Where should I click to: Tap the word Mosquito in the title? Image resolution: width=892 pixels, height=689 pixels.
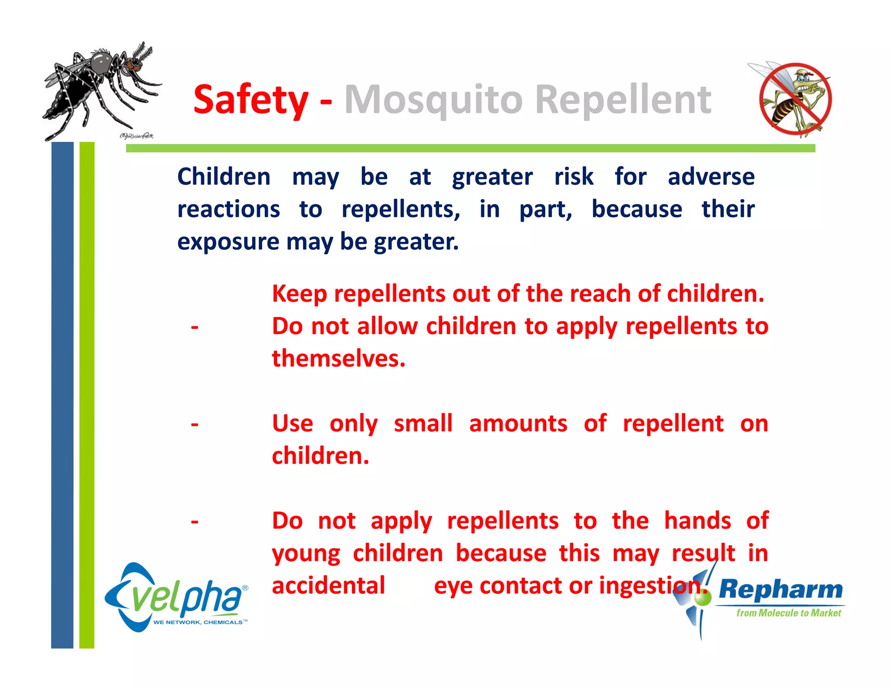point(433,100)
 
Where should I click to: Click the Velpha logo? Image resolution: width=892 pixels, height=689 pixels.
point(176,597)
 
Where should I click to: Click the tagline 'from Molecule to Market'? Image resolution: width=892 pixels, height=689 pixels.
point(788,613)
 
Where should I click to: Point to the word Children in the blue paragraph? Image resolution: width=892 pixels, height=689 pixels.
point(224,177)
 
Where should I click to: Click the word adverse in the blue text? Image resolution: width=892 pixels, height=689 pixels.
point(711,177)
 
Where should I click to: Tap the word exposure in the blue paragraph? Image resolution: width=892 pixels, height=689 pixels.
point(228,242)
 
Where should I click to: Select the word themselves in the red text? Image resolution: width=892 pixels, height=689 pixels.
point(338,359)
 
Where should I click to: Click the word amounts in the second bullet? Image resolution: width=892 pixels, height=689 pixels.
point(518,423)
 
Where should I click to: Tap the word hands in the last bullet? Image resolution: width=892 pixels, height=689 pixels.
point(697,521)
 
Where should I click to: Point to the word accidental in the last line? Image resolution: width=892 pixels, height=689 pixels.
point(328,585)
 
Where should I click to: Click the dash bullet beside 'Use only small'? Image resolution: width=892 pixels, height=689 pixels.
point(195,424)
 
